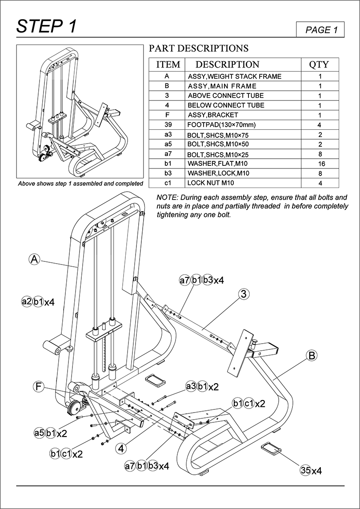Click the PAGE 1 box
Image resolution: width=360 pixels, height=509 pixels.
(319, 29)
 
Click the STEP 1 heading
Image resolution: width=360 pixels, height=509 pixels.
(47, 27)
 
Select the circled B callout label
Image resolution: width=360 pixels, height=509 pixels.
(312, 355)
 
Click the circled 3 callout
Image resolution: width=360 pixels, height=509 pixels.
(243, 294)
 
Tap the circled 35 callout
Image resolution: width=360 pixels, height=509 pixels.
(305, 470)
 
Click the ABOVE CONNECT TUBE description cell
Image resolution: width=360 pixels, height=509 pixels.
(225, 96)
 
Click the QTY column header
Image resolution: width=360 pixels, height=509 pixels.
(319, 64)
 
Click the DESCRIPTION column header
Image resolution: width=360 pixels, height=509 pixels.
(227, 64)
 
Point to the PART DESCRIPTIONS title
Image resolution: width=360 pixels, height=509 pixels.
(198, 48)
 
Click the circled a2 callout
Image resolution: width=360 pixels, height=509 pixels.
(27, 302)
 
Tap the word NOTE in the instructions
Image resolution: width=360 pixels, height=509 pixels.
(166, 197)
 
